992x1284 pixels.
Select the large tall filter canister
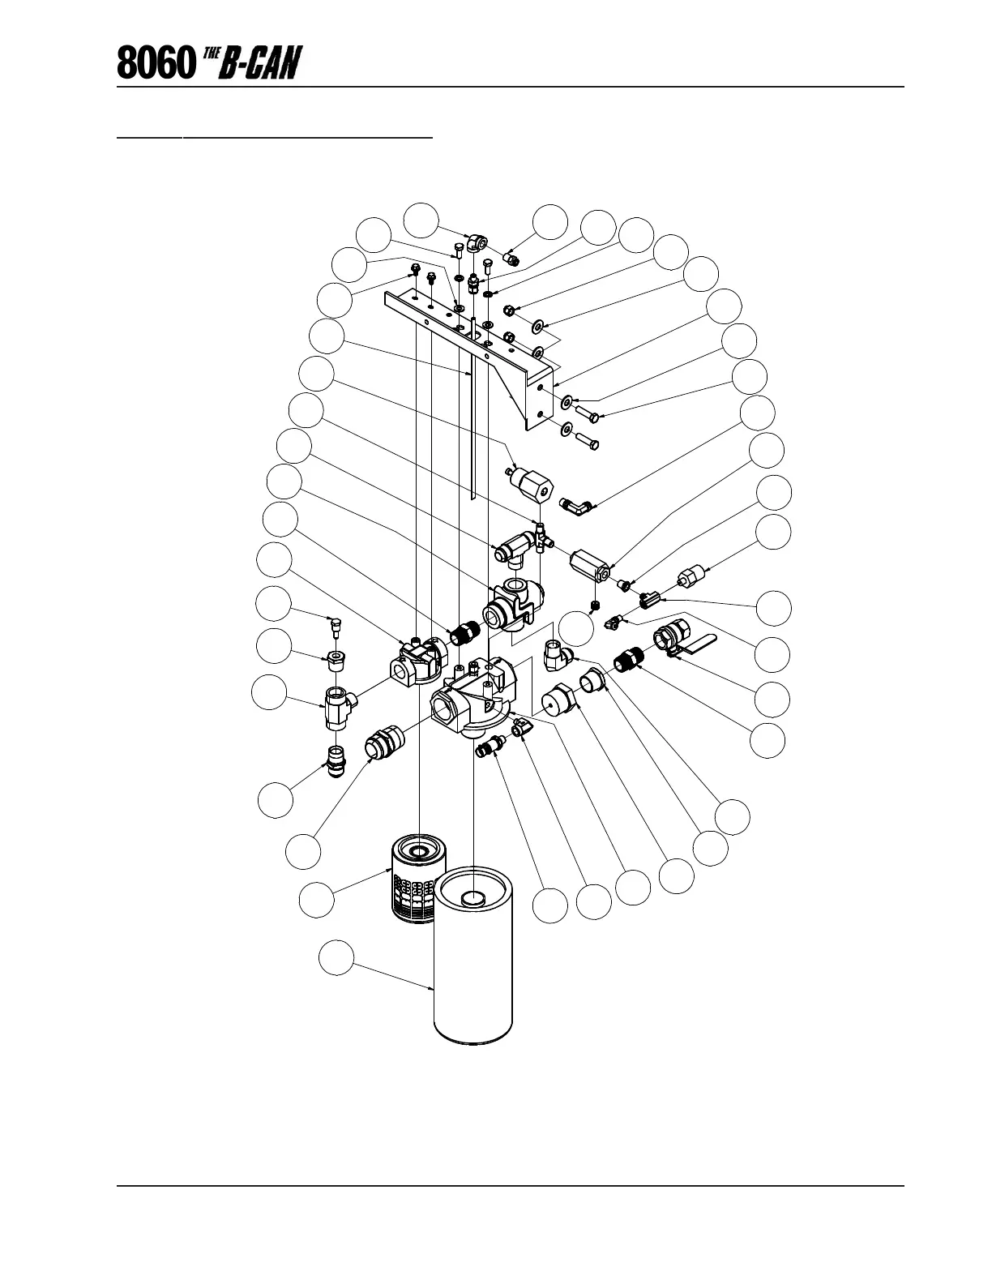(473, 957)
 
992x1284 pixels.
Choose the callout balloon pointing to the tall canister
(335, 957)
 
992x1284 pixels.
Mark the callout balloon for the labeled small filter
(316, 900)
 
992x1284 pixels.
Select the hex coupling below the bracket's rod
(528, 485)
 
